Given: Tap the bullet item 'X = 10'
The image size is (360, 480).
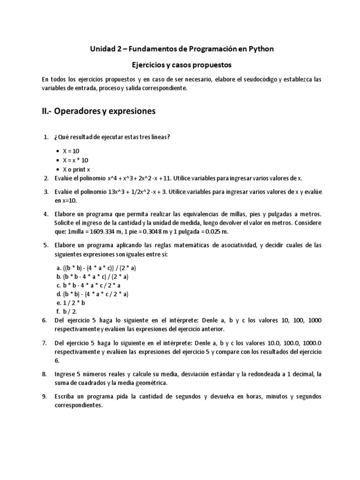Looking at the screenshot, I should click(x=72, y=151).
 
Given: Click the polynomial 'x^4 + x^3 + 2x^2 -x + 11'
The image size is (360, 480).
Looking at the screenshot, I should click(x=134, y=178).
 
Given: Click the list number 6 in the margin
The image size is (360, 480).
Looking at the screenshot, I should click(x=45, y=321).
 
